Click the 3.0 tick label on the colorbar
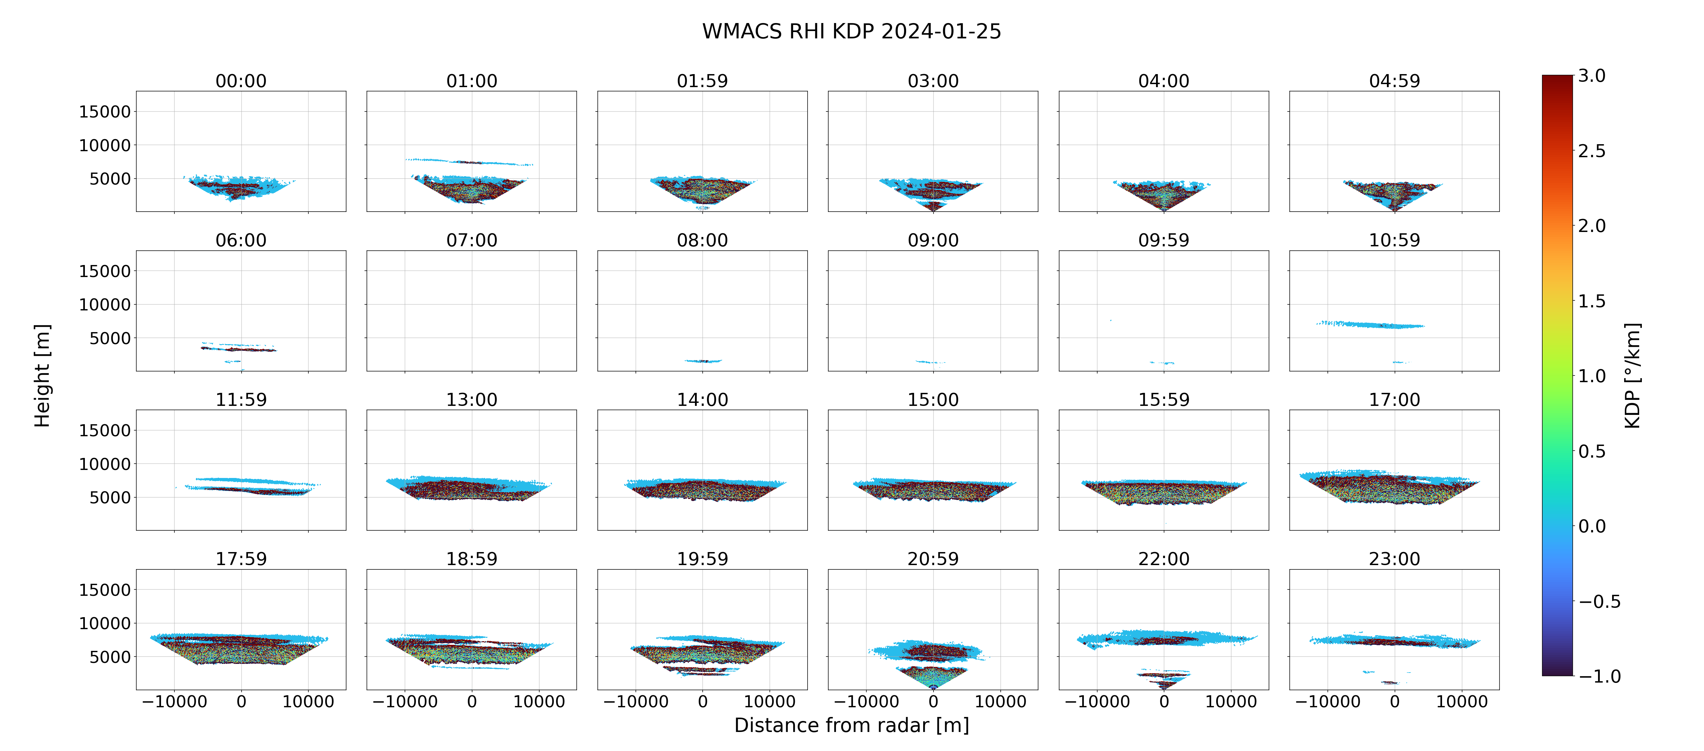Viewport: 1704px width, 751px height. click(1591, 76)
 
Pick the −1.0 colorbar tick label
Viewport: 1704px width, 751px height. click(1599, 676)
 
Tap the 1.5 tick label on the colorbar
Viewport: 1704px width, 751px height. click(1591, 301)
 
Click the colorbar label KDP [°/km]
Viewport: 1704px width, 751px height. click(1632, 375)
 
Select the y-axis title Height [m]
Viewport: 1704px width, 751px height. click(42, 375)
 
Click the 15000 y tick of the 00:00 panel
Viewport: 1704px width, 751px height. click(105, 112)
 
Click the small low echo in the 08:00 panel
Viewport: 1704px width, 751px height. click(703, 361)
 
